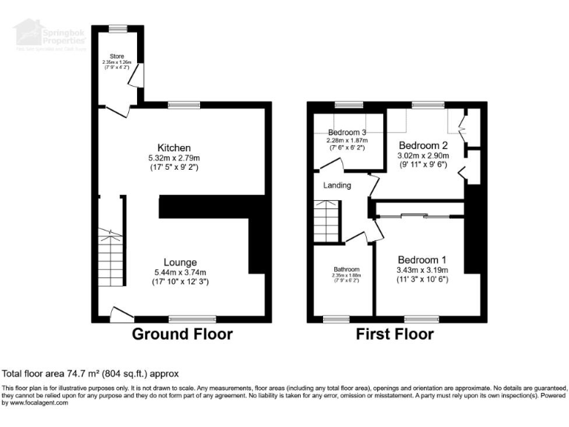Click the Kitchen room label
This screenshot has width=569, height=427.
click(x=174, y=148)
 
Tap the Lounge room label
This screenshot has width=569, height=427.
click(x=180, y=262)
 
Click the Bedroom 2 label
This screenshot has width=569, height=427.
click(x=424, y=145)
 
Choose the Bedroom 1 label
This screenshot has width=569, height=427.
click(x=422, y=259)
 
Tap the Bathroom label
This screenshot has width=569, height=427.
click(x=346, y=269)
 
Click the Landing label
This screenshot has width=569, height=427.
click(x=336, y=185)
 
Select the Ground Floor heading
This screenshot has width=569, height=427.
click(x=182, y=334)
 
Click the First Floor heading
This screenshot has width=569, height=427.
click(x=395, y=334)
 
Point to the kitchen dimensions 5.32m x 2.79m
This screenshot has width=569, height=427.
click(x=174, y=158)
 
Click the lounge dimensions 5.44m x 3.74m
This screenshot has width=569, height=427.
click(x=180, y=272)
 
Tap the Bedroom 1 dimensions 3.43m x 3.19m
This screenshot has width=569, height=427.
click(x=422, y=270)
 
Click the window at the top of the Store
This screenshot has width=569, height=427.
click(x=118, y=28)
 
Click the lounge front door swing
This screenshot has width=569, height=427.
click(x=117, y=314)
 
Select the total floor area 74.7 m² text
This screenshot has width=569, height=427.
click(x=90, y=374)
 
